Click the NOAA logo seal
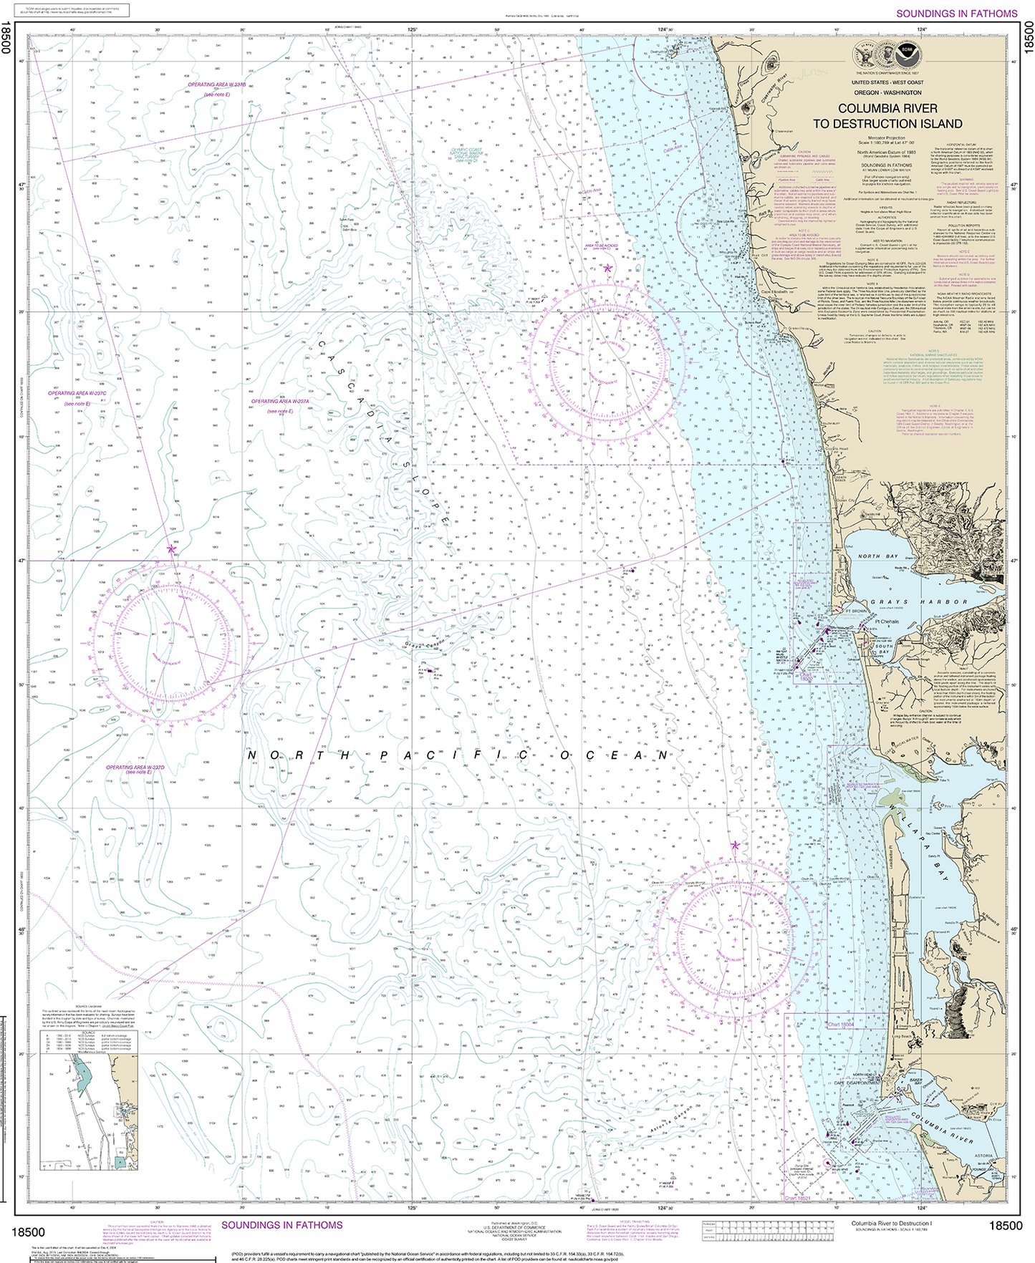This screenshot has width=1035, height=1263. tap(908, 54)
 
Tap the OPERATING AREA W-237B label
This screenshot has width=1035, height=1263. tap(217, 84)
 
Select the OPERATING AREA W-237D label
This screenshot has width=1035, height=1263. tap(135, 768)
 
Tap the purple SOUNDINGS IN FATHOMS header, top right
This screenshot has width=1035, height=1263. tap(956, 14)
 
